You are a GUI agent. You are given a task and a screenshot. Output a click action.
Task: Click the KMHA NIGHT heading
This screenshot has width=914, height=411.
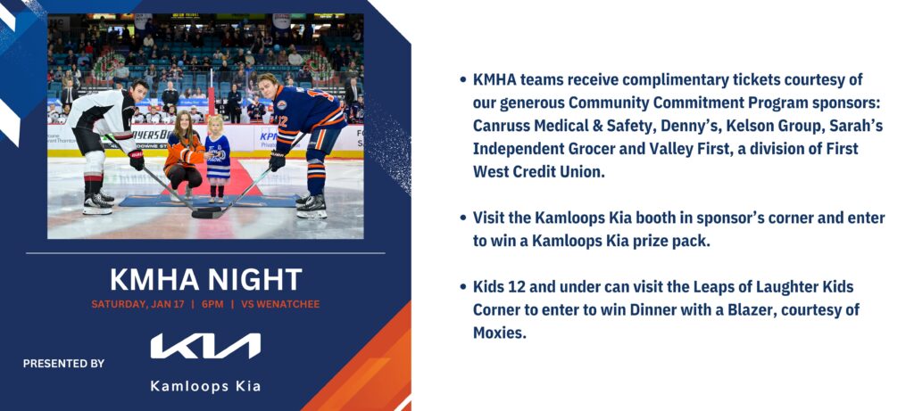tap(206, 279)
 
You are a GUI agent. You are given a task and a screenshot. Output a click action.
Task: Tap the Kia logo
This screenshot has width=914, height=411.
tap(206, 346)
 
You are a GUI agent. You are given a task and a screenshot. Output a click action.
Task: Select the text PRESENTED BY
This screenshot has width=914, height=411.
tap(63, 363)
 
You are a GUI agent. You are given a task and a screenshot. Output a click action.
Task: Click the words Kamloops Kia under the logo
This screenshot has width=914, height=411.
tap(206, 386)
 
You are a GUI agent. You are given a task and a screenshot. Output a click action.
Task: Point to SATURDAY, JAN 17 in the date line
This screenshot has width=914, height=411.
tap(137, 304)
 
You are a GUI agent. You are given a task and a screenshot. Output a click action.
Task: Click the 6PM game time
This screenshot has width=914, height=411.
tap(212, 304)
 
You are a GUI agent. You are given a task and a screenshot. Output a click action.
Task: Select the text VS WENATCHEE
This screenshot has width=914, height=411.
tap(279, 304)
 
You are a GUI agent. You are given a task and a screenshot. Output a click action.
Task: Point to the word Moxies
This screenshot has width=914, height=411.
tap(500, 333)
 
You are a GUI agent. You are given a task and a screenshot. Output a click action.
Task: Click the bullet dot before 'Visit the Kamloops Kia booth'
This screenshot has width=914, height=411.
tap(463, 218)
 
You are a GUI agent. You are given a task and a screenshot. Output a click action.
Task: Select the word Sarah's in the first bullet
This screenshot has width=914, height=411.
tap(857, 126)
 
